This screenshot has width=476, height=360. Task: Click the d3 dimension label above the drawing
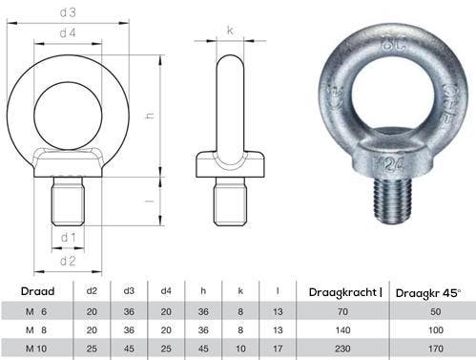pos(68,12)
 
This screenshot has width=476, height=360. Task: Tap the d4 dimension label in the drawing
pos(68,32)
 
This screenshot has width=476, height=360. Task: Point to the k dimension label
pos(230,31)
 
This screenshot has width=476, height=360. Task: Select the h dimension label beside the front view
pos(150,116)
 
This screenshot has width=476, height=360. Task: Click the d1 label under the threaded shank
pos(68,237)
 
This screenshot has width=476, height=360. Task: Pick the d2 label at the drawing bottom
pos(68,261)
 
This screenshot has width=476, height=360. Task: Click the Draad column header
pos(37,291)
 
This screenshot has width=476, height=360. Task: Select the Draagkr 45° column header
pos(428,293)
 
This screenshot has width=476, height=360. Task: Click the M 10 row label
pos(36,349)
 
